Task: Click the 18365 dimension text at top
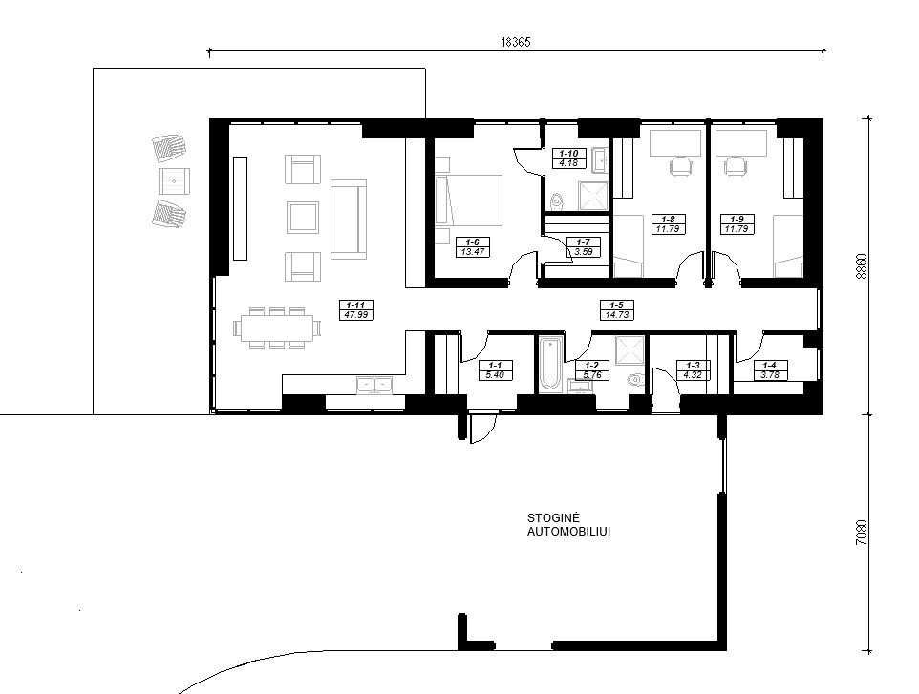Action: tap(516, 42)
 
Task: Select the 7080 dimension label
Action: tap(861, 533)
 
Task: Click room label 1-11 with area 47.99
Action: tap(355, 310)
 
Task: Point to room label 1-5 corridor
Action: tap(617, 310)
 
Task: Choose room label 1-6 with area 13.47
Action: tap(472, 247)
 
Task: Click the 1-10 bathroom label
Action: tap(568, 158)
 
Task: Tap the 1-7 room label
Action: tap(583, 246)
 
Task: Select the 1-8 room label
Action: tap(668, 223)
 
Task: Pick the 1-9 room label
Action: tap(737, 223)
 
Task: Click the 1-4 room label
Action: tap(770, 370)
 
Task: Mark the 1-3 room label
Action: tap(693, 370)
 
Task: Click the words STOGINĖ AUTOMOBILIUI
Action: tap(568, 525)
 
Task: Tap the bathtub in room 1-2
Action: tap(551, 363)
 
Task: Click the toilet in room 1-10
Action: tap(557, 200)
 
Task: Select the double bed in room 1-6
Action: tap(469, 200)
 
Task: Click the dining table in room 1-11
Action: tap(277, 327)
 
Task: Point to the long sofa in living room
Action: tap(349, 219)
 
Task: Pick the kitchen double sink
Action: tap(375, 384)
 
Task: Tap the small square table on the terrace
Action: tap(174, 181)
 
